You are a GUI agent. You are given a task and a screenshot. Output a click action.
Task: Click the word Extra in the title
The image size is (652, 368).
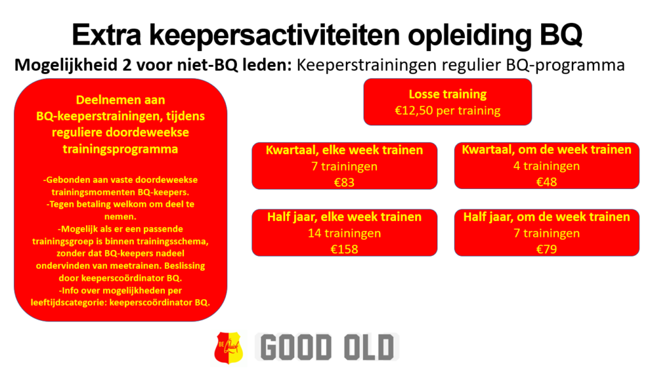(106, 35)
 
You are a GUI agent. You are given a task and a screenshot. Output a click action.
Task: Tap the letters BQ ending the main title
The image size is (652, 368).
(561, 36)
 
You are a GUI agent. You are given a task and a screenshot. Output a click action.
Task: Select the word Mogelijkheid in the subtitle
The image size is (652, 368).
(66, 66)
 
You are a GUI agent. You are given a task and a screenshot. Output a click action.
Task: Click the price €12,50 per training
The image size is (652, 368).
(448, 111)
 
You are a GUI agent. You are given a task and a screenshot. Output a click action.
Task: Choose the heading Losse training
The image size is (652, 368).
(448, 94)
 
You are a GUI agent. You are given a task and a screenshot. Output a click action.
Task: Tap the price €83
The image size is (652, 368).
(344, 182)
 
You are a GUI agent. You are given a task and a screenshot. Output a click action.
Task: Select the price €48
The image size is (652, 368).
(546, 181)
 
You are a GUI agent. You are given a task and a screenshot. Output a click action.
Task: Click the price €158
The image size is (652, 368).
(344, 249)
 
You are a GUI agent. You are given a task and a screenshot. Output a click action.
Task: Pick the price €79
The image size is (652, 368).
(546, 249)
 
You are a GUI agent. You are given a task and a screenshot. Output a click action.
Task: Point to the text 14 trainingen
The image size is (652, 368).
(344, 233)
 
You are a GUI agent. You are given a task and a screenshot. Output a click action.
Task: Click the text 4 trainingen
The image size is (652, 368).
(546, 166)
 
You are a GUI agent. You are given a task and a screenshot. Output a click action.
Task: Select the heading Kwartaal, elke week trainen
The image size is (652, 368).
(344, 150)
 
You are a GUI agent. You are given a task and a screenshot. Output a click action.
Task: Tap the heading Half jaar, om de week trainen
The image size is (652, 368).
(546, 216)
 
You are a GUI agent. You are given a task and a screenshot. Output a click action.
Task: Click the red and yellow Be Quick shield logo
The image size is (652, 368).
(229, 347)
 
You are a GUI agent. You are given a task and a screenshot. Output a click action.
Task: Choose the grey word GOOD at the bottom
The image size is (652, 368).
(295, 347)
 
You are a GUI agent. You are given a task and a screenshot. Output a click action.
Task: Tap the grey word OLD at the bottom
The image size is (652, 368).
(369, 347)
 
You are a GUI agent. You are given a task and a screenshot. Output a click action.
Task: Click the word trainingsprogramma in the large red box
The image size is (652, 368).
(120, 149)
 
